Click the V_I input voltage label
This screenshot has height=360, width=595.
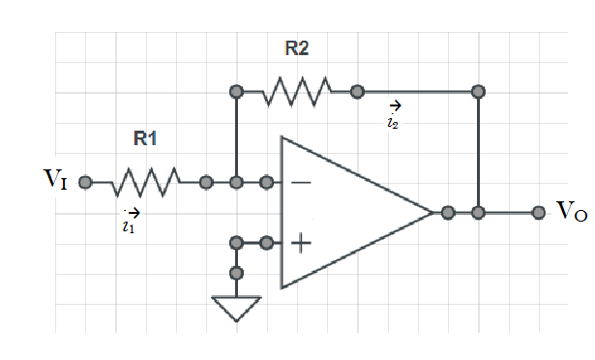point(54,181)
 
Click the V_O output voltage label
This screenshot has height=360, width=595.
point(572,212)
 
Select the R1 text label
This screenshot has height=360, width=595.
point(145,138)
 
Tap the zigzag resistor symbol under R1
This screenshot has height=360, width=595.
point(145,181)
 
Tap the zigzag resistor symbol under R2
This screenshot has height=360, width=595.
point(296,92)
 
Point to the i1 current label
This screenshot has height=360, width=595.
point(129,225)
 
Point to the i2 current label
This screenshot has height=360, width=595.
point(392,122)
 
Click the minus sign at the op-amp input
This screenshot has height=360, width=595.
point(301,181)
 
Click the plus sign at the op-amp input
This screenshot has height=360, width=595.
point(301,243)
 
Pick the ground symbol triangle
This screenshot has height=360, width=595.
point(236,309)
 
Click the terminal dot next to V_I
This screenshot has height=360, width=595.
point(85,181)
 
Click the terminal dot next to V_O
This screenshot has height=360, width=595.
point(538,212)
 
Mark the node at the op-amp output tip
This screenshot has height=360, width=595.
point(447,212)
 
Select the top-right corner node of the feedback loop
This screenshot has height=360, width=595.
point(477,92)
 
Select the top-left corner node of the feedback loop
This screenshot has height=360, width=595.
point(236,92)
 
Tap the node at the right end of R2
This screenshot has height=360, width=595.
point(357,92)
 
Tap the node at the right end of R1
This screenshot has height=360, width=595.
point(205,181)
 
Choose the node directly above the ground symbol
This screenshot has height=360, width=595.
point(236,273)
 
